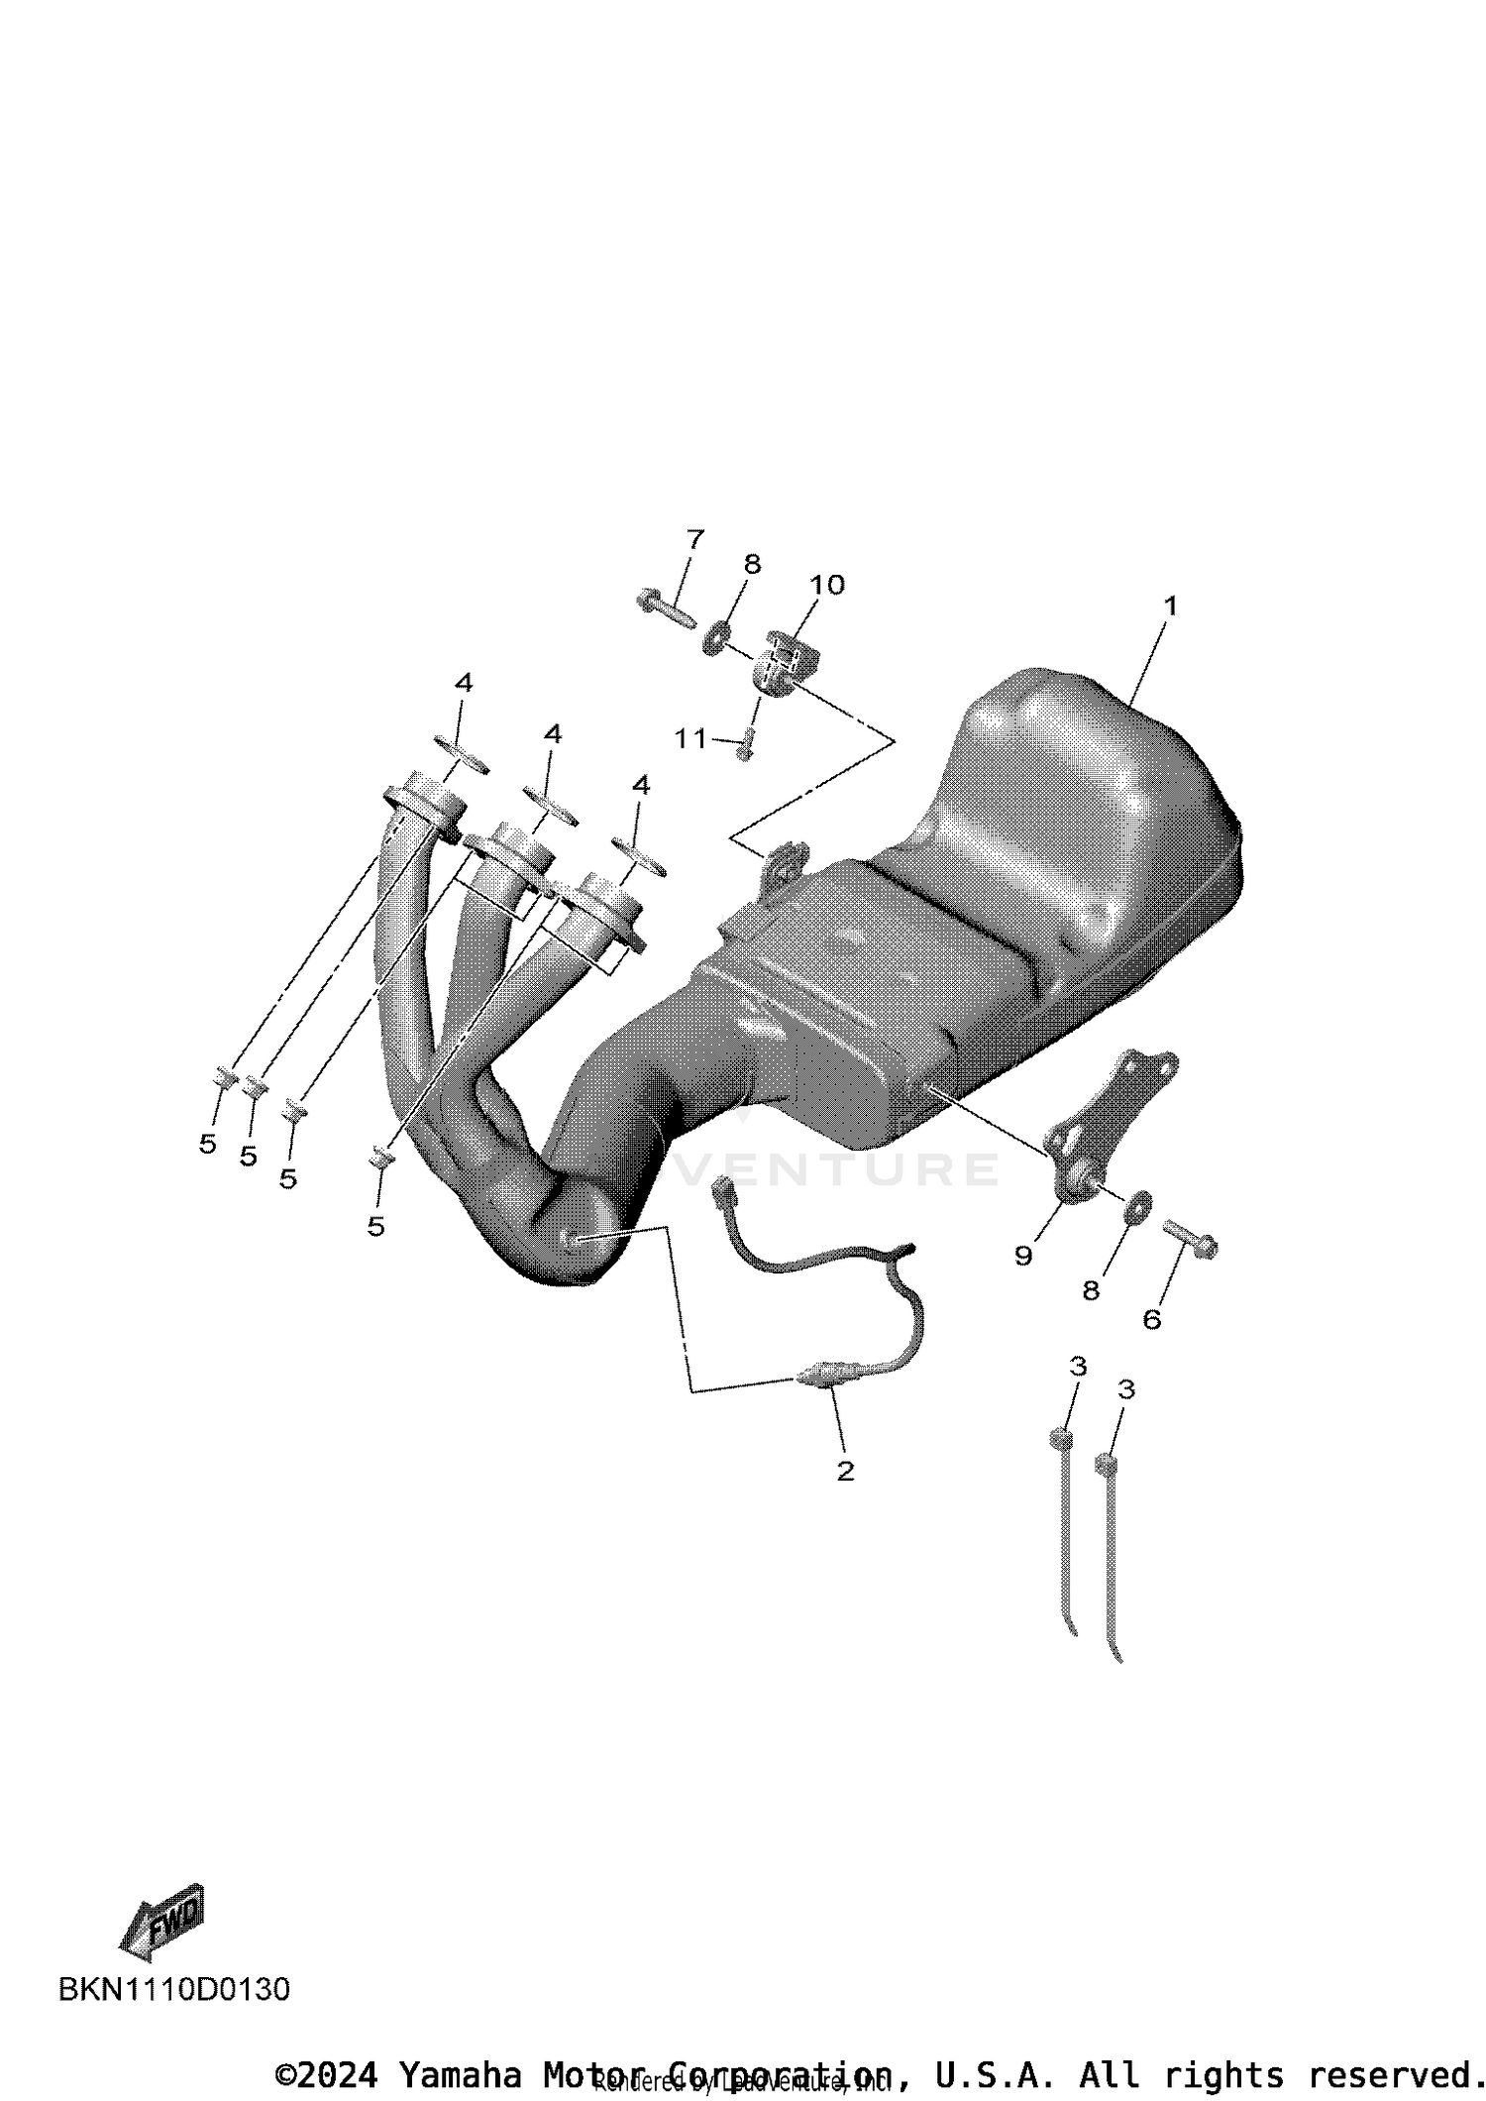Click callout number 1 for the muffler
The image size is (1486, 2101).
(1170, 606)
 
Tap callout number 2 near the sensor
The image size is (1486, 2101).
(845, 1471)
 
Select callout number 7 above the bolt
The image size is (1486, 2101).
(695, 540)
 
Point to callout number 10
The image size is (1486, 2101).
(827, 585)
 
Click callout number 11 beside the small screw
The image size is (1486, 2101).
(690, 738)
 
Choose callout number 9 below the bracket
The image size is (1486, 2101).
(1023, 1256)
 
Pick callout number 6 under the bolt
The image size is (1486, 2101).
(1151, 1319)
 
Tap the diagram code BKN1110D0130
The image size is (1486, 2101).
(174, 1989)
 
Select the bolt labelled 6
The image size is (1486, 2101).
(1190, 1238)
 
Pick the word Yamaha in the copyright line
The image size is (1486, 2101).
(461, 2073)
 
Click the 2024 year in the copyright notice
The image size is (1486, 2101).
(337, 2073)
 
